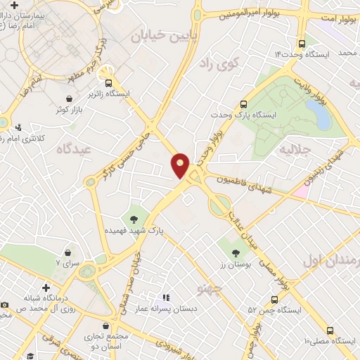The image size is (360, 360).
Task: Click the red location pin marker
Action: coord(181,165)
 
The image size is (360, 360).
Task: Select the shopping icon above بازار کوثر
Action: coord(70,99)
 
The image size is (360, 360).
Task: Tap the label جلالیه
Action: coord(295,150)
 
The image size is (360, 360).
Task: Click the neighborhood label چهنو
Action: coord(210,288)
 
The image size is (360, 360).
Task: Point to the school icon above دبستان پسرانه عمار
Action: coord(167,298)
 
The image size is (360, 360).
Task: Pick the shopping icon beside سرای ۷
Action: coord(67,252)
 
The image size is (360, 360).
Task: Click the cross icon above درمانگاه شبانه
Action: coord(46,288)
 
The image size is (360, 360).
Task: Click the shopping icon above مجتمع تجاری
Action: coord(105,327)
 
